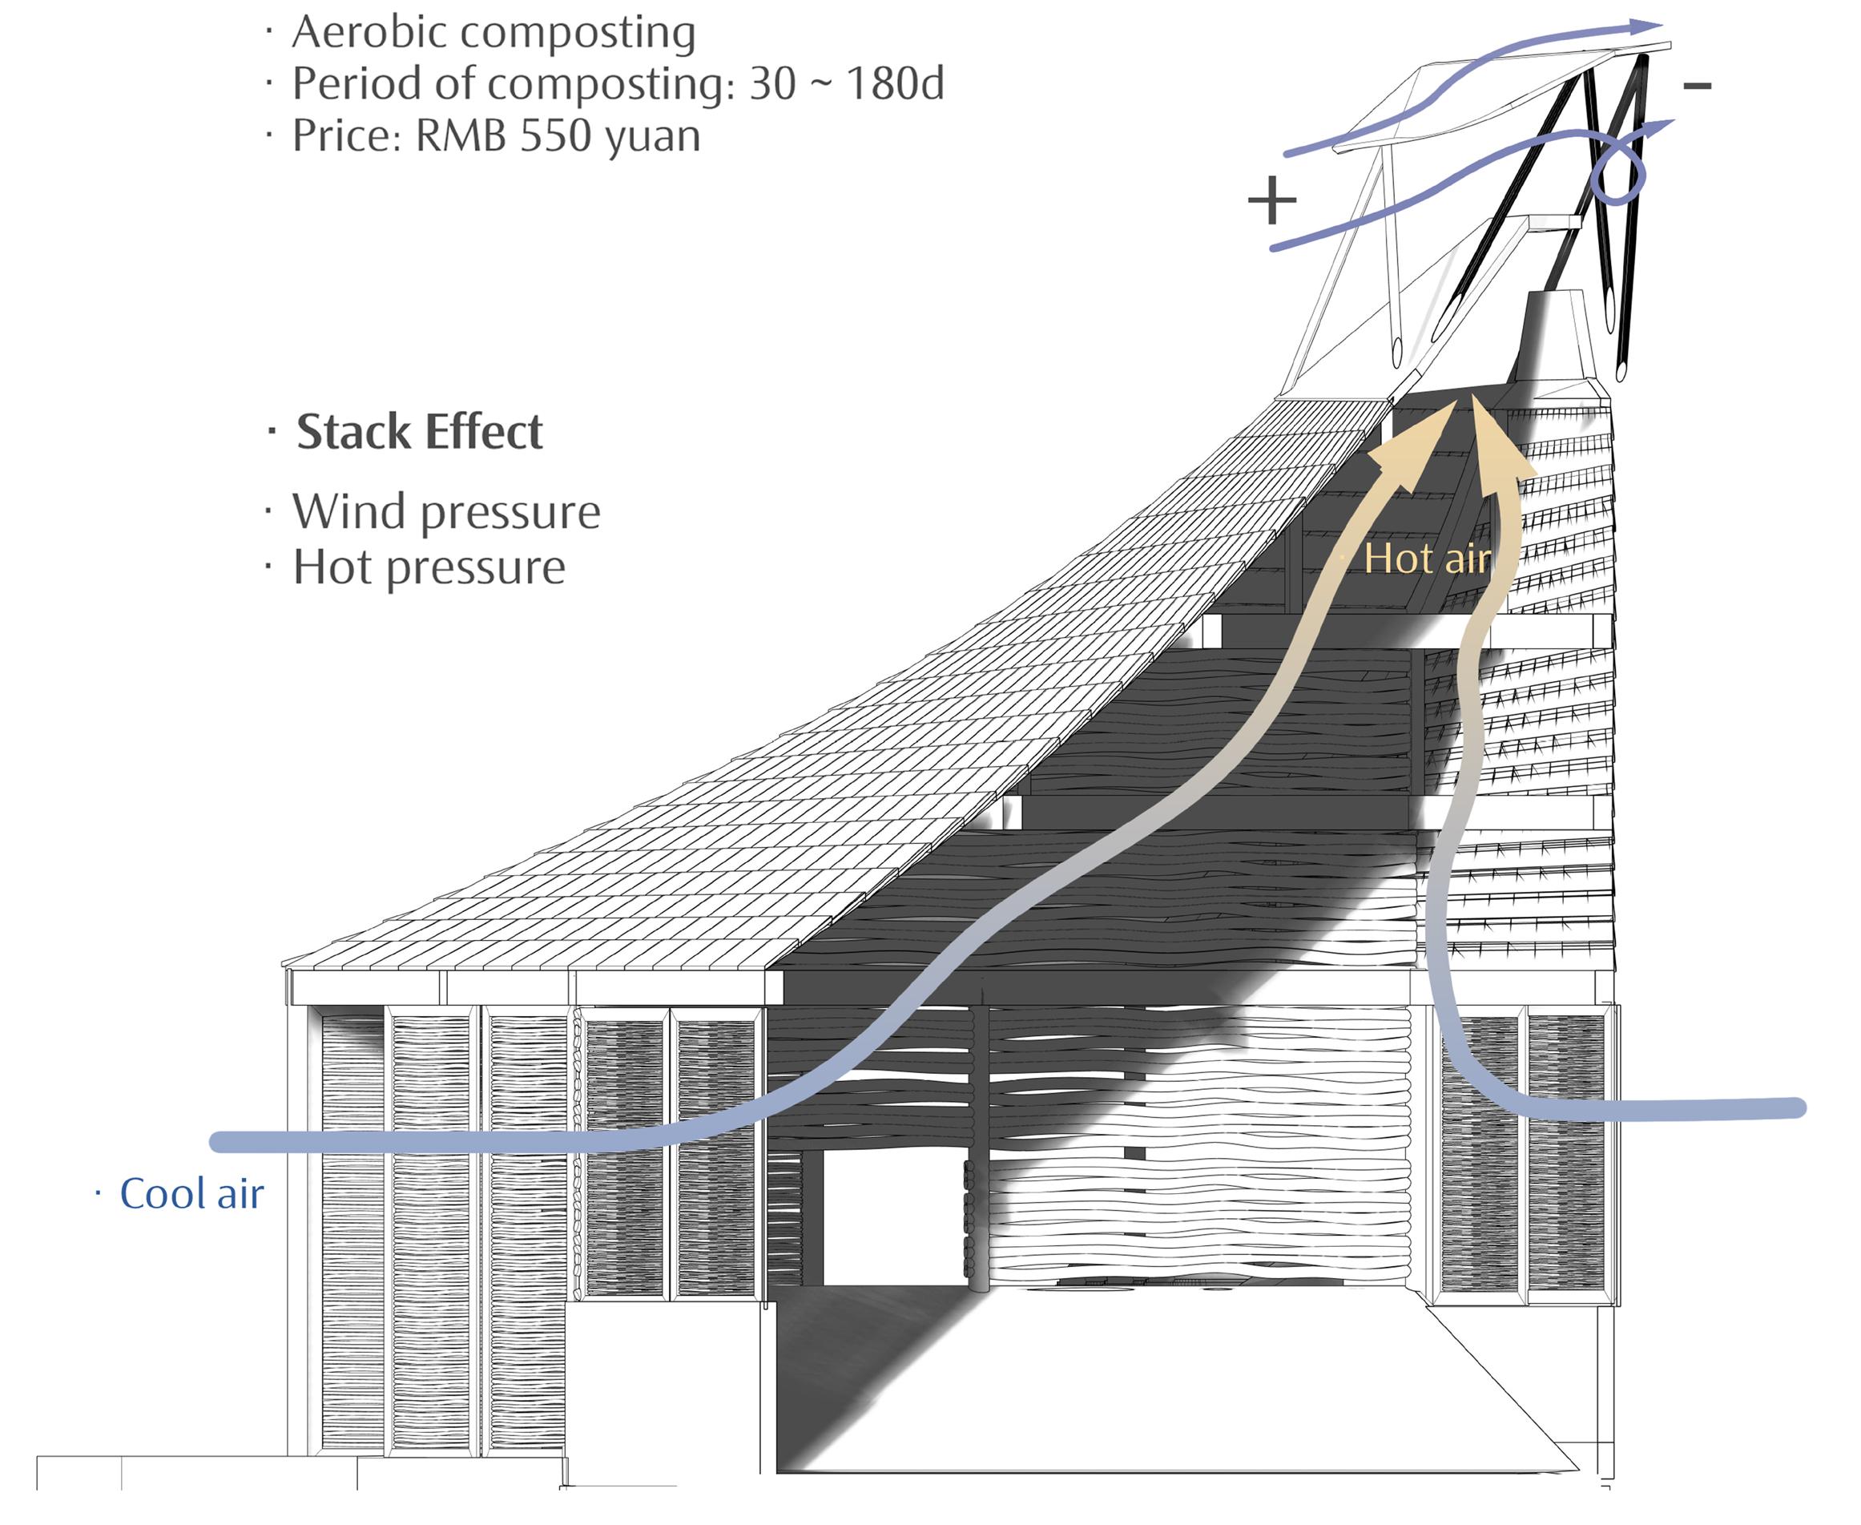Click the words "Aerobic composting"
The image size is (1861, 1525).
click(493, 33)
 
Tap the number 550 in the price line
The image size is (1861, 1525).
click(563, 136)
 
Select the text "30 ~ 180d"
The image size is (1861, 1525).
click(847, 84)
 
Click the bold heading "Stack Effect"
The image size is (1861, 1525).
click(419, 432)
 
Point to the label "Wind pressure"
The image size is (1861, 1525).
click(446, 512)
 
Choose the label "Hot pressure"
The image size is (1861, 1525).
click(429, 567)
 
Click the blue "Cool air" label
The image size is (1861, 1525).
click(191, 1194)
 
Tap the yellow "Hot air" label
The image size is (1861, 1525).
click(1427, 559)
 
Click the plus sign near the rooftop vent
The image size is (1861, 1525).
click(1271, 201)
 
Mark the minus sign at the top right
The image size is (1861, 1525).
click(1697, 85)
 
